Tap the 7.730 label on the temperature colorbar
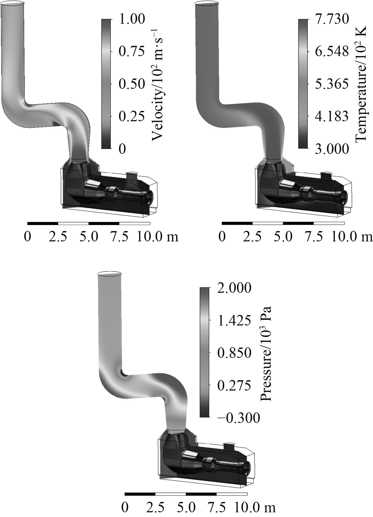(x=332, y=19)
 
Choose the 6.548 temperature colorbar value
(x=332, y=52)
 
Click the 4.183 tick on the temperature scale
(x=332, y=116)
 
